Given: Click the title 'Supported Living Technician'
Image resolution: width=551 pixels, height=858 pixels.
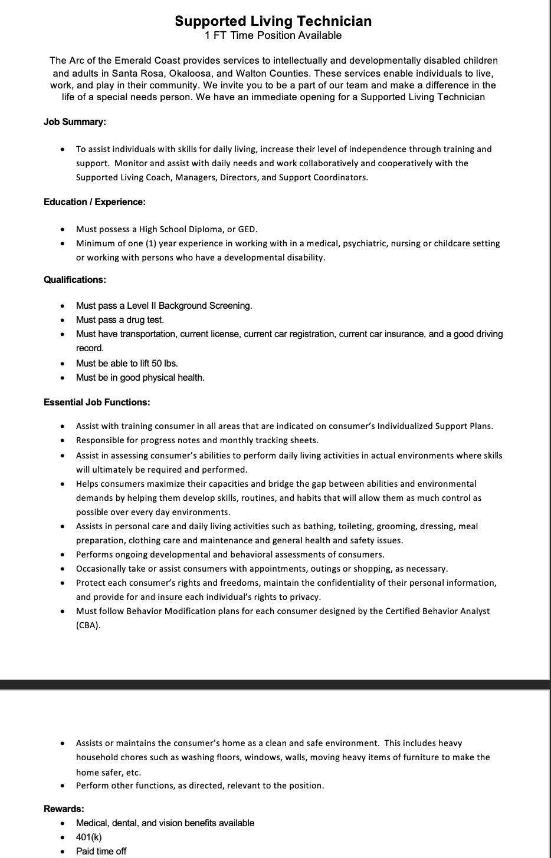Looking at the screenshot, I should click(x=273, y=21).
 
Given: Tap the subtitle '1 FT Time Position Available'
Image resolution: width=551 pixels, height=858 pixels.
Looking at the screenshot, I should click(x=273, y=35).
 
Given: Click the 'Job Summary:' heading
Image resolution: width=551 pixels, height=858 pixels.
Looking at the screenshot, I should click(x=75, y=122).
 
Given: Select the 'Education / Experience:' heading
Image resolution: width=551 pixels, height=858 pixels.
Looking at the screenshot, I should click(x=94, y=202).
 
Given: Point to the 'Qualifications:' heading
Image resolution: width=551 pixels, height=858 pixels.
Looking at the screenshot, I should click(x=75, y=280).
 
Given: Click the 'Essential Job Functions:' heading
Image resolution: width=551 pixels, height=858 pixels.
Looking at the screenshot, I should click(x=97, y=402).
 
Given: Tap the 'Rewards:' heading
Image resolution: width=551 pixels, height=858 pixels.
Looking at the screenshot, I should click(x=64, y=809).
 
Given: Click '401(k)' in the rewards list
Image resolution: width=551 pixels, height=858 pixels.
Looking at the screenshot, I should click(x=89, y=837).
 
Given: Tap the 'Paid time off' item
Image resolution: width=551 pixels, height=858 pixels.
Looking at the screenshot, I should click(x=101, y=852).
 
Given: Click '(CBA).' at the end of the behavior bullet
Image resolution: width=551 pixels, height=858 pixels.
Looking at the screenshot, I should click(x=88, y=625).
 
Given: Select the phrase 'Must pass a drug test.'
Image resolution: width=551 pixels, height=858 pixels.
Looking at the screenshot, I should click(x=120, y=320).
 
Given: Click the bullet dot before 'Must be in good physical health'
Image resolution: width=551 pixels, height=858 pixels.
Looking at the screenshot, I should click(x=63, y=378).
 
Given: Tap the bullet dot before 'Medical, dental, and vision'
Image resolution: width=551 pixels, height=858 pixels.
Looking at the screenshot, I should click(x=63, y=823).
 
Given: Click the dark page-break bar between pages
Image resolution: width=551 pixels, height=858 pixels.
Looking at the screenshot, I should click(x=275, y=684).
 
